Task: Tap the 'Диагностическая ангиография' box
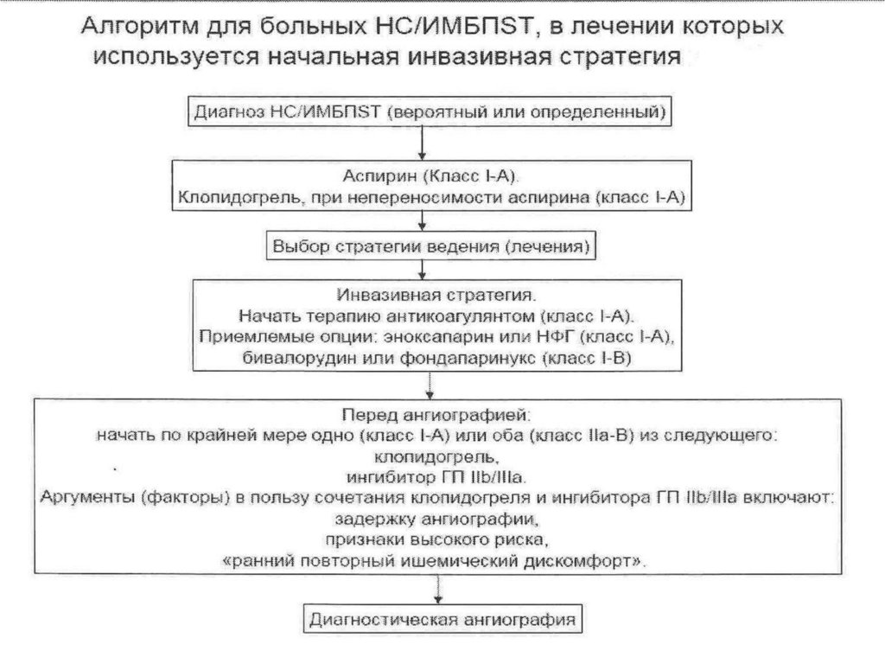[442, 619]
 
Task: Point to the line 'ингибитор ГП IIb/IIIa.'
[440, 475]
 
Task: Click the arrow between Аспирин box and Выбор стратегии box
[421, 221]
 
